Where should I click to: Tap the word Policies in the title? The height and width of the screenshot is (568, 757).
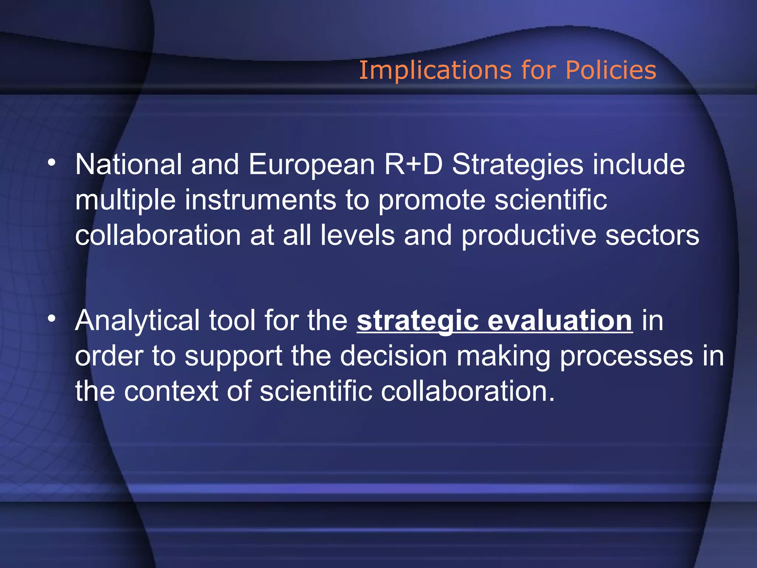pyautogui.click(x=611, y=70)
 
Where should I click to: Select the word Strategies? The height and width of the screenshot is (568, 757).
pyautogui.click(x=518, y=165)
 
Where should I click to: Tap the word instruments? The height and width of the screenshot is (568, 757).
pyautogui.click(x=260, y=200)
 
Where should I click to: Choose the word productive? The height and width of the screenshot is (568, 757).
pyautogui.click(x=529, y=235)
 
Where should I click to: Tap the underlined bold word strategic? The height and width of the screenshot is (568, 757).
pyautogui.click(x=417, y=321)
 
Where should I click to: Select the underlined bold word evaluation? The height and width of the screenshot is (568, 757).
pyautogui.click(x=560, y=321)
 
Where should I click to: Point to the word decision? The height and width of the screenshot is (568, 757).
pyautogui.click(x=393, y=356)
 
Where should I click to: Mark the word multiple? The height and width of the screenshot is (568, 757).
pyautogui.click(x=125, y=200)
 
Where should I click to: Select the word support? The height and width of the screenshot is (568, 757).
pyautogui.click(x=233, y=356)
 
